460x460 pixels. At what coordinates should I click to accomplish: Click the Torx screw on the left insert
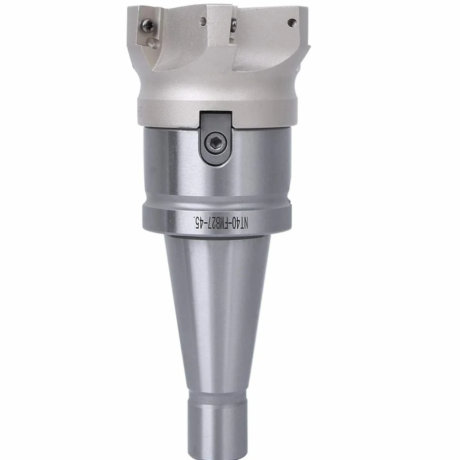[x=148, y=25]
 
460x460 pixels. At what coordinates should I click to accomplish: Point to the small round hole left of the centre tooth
[x=203, y=21]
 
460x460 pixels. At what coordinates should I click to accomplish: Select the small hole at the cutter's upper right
[x=292, y=23]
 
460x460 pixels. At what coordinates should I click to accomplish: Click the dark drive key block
[x=216, y=138]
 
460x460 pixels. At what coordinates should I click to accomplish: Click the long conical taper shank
[x=217, y=314]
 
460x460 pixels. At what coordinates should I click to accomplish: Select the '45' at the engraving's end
[x=200, y=222]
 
